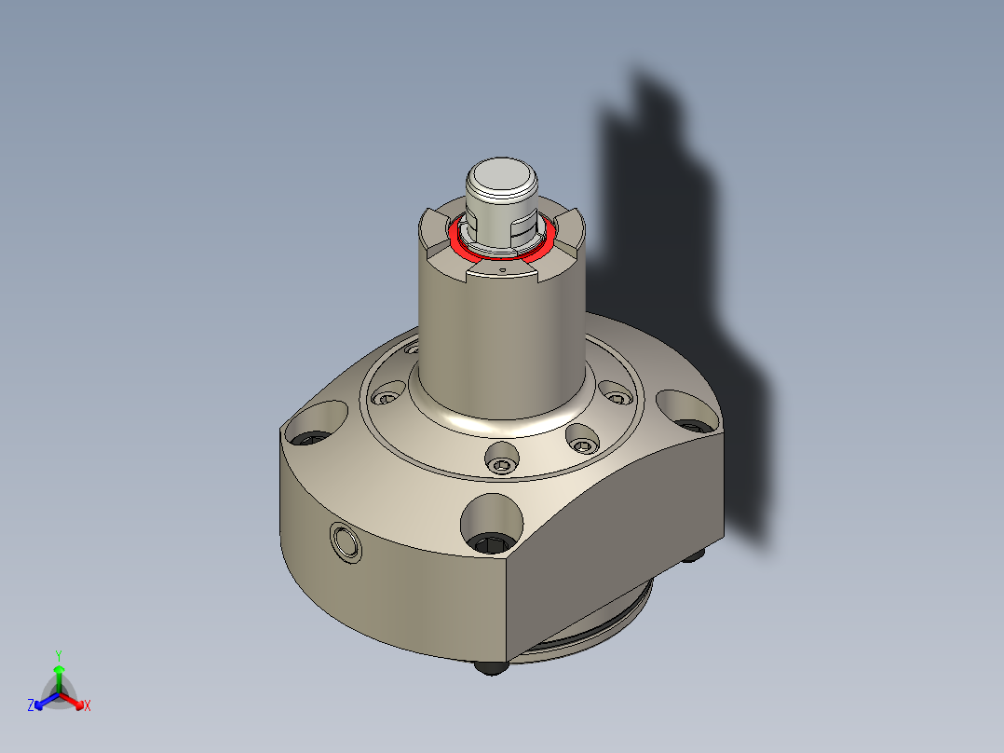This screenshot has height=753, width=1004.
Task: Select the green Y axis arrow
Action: tap(59, 673)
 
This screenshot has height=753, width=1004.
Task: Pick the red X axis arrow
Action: tap(75, 701)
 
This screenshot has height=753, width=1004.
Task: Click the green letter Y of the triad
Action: tap(59, 655)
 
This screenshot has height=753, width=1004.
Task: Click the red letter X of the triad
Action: tap(88, 706)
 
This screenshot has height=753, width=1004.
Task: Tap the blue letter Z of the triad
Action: tap(31, 706)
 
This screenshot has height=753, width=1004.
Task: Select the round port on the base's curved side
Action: tap(346, 541)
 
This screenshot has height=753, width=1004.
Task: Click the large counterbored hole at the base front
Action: tap(491, 520)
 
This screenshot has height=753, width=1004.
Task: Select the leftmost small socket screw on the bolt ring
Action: tap(385, 399)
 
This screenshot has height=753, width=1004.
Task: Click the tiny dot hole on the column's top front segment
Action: tap(502, 268)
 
